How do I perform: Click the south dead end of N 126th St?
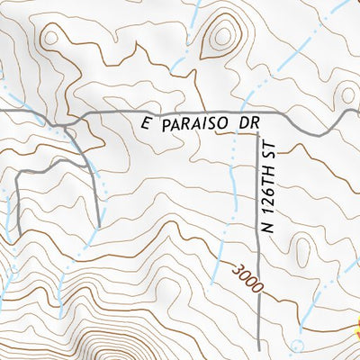pos(259,348)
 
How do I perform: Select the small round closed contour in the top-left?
pos(50,37)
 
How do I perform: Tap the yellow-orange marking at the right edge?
pos(356,329)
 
